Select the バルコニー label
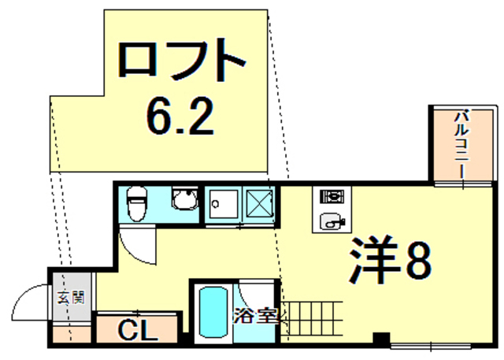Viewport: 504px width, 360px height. point(461,146)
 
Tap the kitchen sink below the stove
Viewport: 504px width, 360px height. point(331,221)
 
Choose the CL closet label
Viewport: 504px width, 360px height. point(137,328)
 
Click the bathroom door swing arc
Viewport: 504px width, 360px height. point(256,295)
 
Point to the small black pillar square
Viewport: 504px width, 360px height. point(381,340)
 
